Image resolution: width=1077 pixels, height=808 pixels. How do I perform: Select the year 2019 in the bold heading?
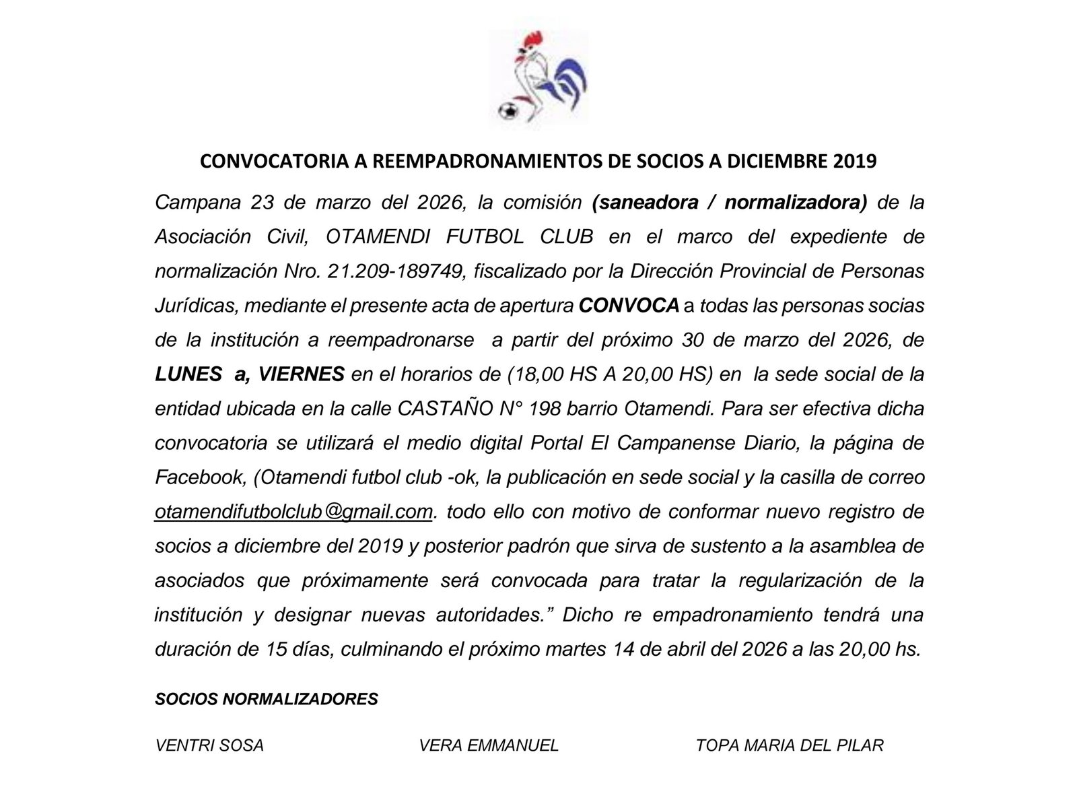click(855, 162)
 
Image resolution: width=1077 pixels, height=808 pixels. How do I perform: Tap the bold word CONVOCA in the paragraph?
click(629, 306)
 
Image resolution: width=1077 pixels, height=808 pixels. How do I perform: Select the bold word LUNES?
click(188, 374)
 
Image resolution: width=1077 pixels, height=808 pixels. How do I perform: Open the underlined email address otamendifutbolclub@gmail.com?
click(293, 512)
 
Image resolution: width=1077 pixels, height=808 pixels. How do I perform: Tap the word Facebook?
click(199, 477)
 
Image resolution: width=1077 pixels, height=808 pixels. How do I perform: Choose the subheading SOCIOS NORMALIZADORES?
click(267, 700)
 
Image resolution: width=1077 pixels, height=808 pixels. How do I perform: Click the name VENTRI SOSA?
click(209, 745)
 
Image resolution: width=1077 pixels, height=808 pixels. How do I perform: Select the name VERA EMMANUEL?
click(489, 745)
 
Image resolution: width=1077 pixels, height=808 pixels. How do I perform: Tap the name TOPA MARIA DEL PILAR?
click(790, 745)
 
